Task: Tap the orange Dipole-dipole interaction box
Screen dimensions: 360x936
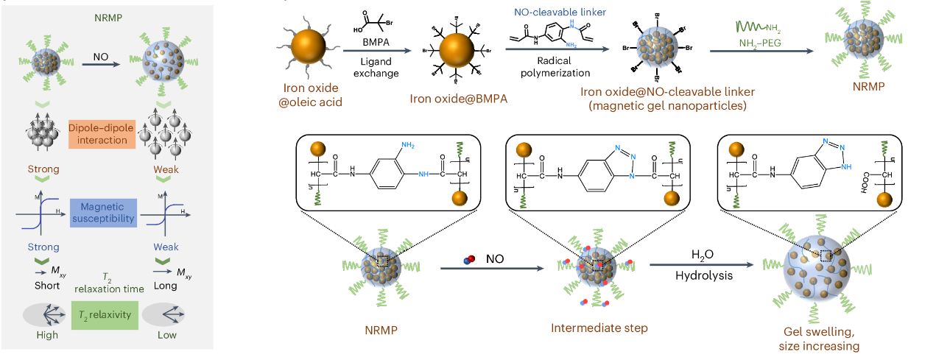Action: tap(102, 133)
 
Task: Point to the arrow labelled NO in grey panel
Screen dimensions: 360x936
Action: tap(102, 66)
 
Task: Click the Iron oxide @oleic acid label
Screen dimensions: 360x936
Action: tap(306, 98)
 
